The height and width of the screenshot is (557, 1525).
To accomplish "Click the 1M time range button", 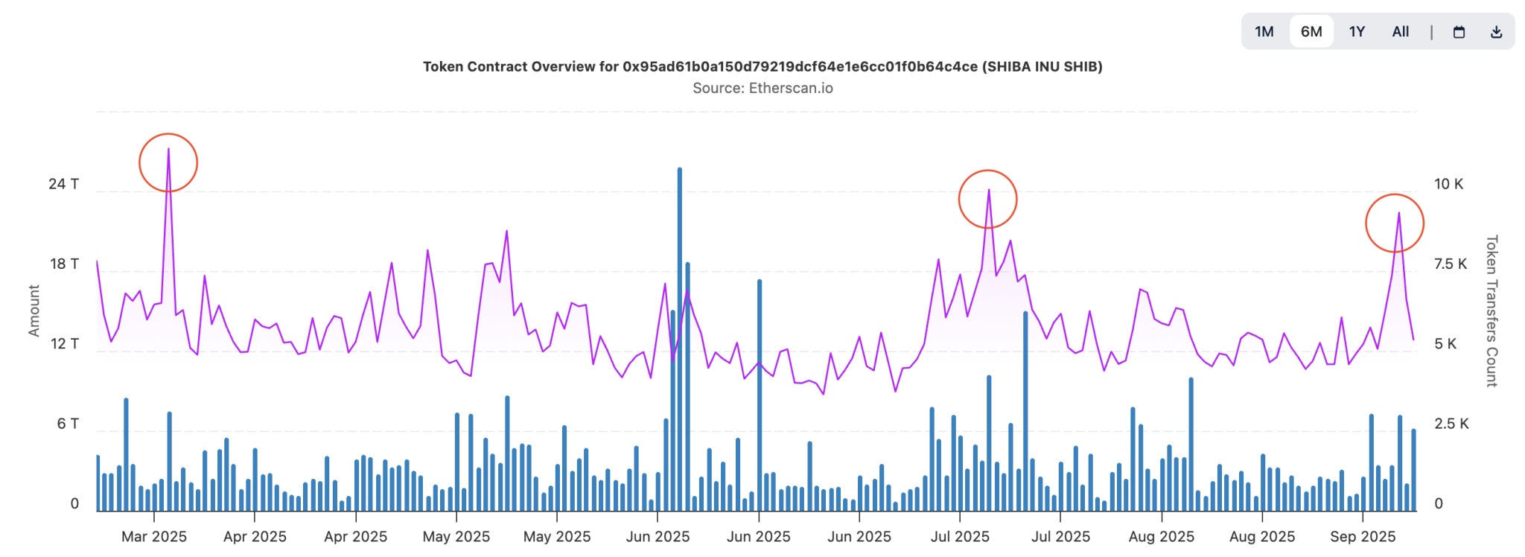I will pyautogui.click(x=1264, y=31).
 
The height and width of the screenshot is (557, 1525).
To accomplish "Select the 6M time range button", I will pyautogui.click(x=1311, y=31).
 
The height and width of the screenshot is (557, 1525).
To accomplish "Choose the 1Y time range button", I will pyautogui.click(x=1357, y=31).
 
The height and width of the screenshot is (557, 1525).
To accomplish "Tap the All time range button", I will pyautogui.click(x=1401, y=31).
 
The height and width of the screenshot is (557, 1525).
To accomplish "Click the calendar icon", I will pyautogui.click(x=1459, y=32).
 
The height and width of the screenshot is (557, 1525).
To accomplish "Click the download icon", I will pyautogui.click(x=1496, y=32).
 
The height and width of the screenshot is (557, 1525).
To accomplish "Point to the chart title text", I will pyautogui.click(x=762, y=66).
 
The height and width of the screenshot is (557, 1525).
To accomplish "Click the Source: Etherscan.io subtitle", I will pyautogui.click(x=762, y=88).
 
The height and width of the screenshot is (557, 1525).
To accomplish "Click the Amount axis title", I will pyautogui.click(x=34, y=311).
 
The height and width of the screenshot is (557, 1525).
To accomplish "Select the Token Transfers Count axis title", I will pyautogui.click(x=1491, y=311).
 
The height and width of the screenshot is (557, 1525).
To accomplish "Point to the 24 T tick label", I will pyautogui.click(x=63, y=184).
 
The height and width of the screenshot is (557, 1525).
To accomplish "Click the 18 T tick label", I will pyautogui.click(x=63, y=264).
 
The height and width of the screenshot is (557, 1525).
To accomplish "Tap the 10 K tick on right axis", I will pyautogui.click(x=1448, y=184).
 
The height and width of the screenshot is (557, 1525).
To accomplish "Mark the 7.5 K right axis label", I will pyautogui.click(x=1451, y=264).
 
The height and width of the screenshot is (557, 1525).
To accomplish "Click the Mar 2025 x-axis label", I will pyautogui.click(x=154, y=536).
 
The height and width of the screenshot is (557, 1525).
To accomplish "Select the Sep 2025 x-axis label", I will pyautogui.click(x=1363, y=536).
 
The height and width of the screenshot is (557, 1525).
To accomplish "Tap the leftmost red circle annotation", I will pyautogui.click(x=168, y=162).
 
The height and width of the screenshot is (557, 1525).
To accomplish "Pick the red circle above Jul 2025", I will pyautogui.click(x=987, y=199).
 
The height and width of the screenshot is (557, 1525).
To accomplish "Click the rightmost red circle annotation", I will pyautogui.click(x=1395, y=223).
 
